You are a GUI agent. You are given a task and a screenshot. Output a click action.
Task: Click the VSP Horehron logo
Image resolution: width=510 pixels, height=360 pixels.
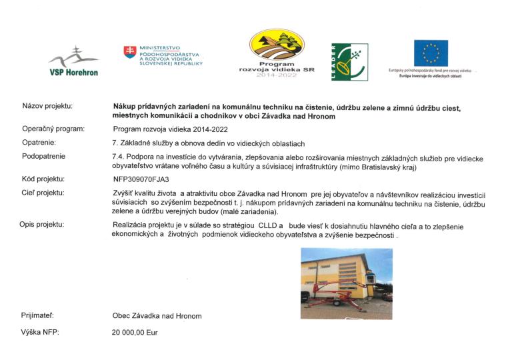pyautogui.click(x=73, y=61)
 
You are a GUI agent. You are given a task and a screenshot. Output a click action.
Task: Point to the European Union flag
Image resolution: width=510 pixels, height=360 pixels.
pyautogui.click(x=430, y=53)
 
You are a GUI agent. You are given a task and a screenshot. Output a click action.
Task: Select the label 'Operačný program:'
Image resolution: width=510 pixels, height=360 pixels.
pyautogui.click(x=53, y=130)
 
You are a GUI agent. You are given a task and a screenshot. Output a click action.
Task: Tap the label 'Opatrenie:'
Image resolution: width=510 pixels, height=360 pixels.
pyautogui.click(x=39, y=143)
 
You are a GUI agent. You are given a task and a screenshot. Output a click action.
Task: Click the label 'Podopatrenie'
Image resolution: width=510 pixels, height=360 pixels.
pyautogui.click(x=43, y=156)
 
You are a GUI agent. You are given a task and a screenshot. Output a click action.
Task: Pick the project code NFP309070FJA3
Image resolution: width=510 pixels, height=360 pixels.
pyautogui.click(x=141, y=179)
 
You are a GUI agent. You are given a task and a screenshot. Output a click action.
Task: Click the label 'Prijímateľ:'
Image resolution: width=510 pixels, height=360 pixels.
pyautogui.click(x=38, y=315)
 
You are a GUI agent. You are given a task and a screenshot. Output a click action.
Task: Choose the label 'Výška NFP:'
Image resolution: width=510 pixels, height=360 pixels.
pyautogui.click(x=40, y=331)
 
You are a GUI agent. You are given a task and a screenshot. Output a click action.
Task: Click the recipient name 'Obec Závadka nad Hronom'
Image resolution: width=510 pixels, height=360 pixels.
pyautogui.click(x=157, y=315)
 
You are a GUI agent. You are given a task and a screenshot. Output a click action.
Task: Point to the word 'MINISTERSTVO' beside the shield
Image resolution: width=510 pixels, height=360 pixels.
pyautogui.click(x=155, y=48)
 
